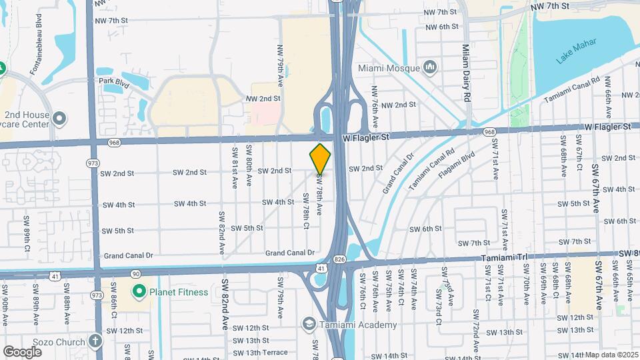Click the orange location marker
(x=320, y=159)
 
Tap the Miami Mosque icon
(x=430, y=68)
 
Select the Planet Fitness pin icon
(x=139, y=291)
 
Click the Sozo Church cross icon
(x=95, y=340)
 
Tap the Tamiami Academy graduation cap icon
(x=309, y=325)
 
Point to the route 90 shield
(x=135, y=273)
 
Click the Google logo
(x=22, y=351)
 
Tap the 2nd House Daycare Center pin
(x=60, y=119)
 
